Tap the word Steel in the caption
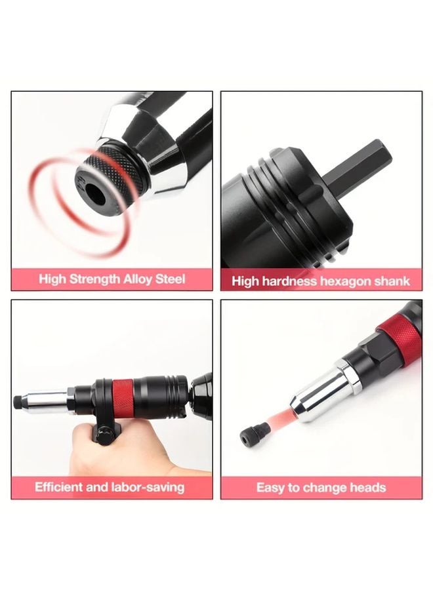coord(170,279)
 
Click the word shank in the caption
coord(392,281)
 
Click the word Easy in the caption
coord(270,488)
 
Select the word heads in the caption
coord(368,488)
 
